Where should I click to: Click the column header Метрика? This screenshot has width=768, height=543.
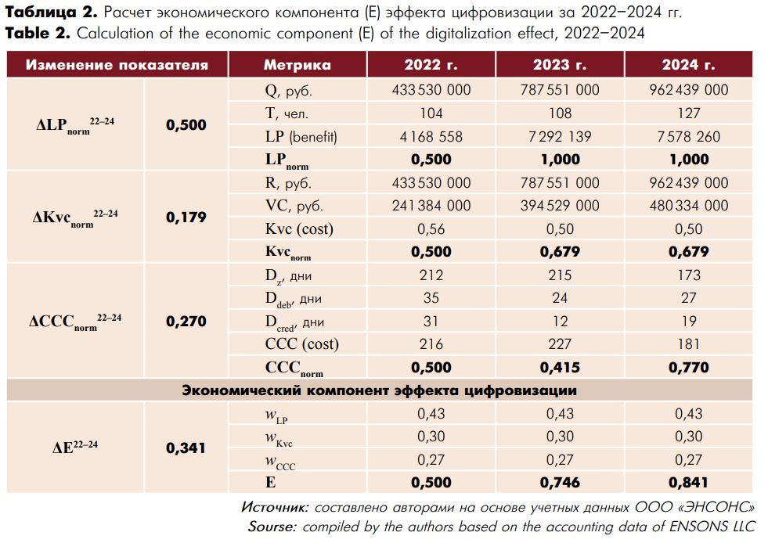pyautogui.click(x=297, y=65)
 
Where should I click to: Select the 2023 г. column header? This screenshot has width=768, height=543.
pyautogui.click(x=560, y=65)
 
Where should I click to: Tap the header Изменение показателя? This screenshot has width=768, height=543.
pyautogui.click(x=117, y=65)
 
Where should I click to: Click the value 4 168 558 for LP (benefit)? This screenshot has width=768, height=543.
pyautogui.click(x=431, y=136)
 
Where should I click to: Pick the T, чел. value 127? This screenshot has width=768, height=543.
pyautogui.click(x=689, y=113)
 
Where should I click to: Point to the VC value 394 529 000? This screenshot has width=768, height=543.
pyautogui.click(x=560, y=206)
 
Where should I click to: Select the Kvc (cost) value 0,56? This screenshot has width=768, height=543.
pyautogui.click(x=431, y=229)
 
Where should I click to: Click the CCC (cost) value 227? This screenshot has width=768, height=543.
pyautogui.click(x=560, y=343)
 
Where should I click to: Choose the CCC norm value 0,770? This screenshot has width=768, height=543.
pyautogui.click(x=689, y=367)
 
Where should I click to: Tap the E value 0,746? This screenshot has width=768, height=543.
pyautogui.click(x=560, y=482)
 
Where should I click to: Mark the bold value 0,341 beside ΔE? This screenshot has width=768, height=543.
pyautogui.click(x=186, y=448)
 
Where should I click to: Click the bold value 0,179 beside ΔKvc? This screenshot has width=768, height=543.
pyautogui.click(x=186, y=217)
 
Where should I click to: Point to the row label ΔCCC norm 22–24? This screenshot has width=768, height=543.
pyautogui.click(x=75, y=322)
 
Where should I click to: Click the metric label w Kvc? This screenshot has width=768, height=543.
pyautogui.click(x=279, y=437)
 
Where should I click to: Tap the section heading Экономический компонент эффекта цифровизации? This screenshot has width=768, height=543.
pyautogui.click(x=380, y=390)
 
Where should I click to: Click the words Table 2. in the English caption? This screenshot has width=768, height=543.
pyautogui.click(x=38, y=34)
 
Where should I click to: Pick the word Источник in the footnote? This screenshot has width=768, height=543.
pyautogui.click(x=275, y=507)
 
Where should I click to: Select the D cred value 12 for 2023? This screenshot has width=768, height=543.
pyautogui.click(x=560, y=322)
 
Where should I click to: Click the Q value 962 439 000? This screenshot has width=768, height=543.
pyautogui.click(x=689, y=90)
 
